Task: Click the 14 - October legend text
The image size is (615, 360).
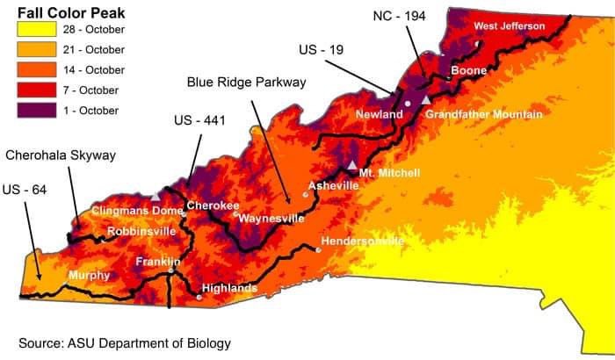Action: [95, 70]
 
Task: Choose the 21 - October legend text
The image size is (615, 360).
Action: [95, 50]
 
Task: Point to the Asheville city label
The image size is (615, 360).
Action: [334, 186]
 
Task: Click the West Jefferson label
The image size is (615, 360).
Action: [510, 26]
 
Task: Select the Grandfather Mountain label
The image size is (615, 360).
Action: [483, 114]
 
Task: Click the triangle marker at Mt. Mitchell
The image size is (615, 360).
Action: [352, 165]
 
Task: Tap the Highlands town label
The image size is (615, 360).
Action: [229, 288]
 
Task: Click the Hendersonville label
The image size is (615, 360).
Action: [363, 241]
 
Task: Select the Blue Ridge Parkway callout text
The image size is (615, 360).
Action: [246, 82]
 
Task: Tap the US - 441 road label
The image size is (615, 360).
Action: [199, 120]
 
